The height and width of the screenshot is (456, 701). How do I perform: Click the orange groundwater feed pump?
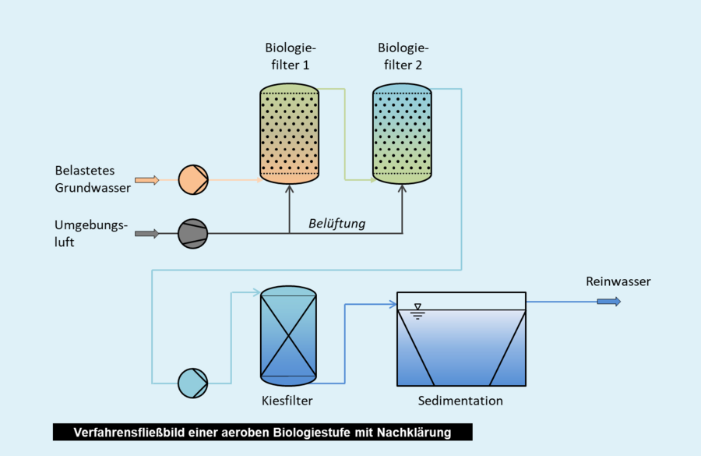click(x=193, y=180)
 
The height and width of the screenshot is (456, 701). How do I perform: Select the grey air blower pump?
click(x=193, y=233)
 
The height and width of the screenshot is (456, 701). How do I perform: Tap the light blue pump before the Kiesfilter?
click(x=193, y=383)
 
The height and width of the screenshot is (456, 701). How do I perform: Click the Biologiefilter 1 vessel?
click(x=289, y=134)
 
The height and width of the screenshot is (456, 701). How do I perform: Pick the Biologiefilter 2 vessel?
click(x=402, y=134)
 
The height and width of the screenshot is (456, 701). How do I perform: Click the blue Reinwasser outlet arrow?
click(x=609, y=302)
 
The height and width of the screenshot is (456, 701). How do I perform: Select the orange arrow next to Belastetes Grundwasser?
click(x=146, y=180)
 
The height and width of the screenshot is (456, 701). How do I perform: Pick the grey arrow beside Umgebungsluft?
click(x=146, y=233)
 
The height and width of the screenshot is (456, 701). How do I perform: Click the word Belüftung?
click(x=336, y=224)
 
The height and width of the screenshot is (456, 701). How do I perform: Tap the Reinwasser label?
click(x=618, y=281)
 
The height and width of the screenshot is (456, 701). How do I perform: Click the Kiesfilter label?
click(x=287, y=401)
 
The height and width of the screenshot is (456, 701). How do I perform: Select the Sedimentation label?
click(x=460, y=401)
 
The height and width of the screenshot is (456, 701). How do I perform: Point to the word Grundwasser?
click(x=93, y=187)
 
